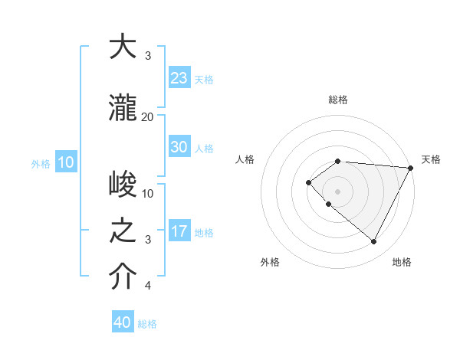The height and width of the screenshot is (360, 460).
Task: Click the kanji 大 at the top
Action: point(123,48)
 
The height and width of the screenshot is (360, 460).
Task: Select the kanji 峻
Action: point(123,185)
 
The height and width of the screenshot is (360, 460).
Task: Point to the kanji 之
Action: point(123,232)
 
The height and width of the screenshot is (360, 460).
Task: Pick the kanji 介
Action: point(123,278)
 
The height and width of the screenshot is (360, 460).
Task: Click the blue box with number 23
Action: point(179,78)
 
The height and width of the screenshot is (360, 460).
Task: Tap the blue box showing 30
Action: point(179,147)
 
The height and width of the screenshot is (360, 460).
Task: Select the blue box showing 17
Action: point(179,231)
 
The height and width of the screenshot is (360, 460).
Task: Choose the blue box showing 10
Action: point(65,162)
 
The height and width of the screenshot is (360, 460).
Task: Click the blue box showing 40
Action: point(123,322)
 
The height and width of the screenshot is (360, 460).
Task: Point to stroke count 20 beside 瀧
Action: point(148,116)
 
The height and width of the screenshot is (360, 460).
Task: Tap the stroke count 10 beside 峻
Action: point(148,194)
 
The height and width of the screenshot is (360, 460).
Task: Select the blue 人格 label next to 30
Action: point(204,148)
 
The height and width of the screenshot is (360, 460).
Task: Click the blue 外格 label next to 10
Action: point(41,163)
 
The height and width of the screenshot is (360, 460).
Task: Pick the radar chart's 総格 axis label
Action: point(338,100)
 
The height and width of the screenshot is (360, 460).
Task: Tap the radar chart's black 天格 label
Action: point(431,159)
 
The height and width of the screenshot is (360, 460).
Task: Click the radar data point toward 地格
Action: point(374,242)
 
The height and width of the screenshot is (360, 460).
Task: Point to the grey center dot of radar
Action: point(337,191)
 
